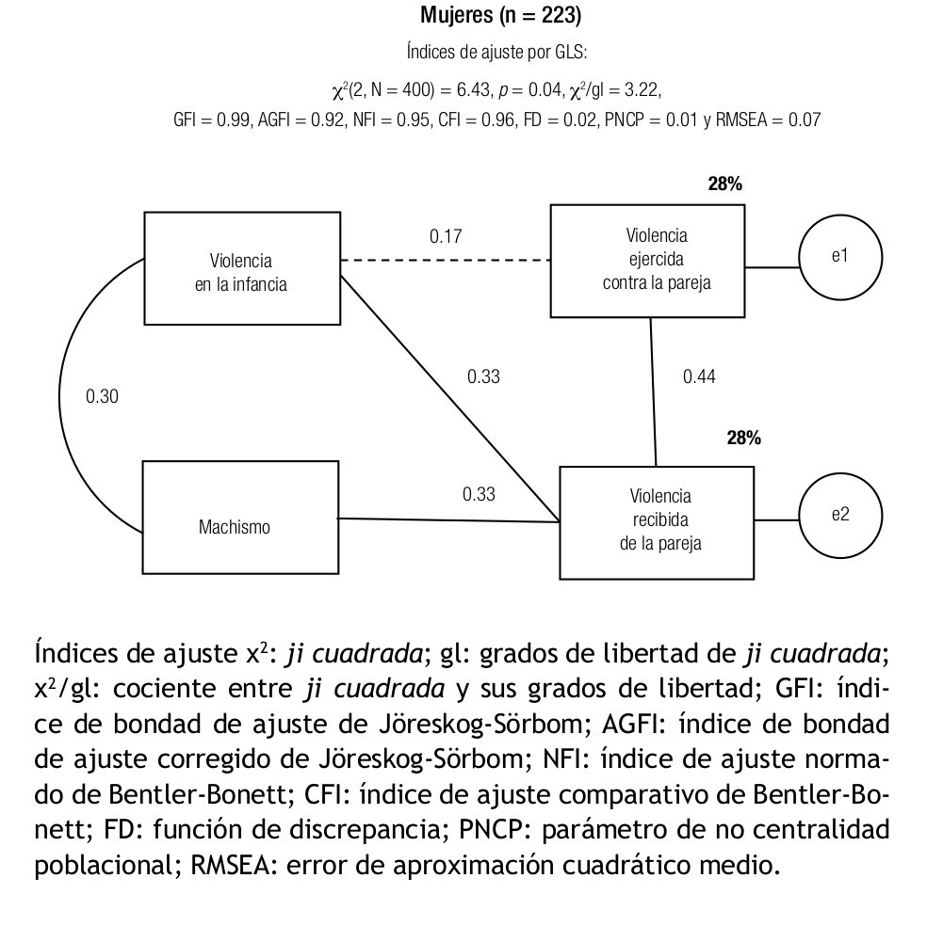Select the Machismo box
tap(240, 517)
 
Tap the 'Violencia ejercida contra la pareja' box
tap(647, 261)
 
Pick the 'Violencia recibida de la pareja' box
tap(657, 520)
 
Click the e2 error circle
tap(840, 516)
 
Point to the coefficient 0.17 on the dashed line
tap(446, 236)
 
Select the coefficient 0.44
tap(699, 376)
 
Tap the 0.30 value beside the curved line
tap(102, 396)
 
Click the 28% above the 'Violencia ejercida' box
tap(724, 184)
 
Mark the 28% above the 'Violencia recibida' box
tap(743, 438)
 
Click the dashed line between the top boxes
tap(445, 259)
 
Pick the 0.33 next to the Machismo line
tap(479, 493)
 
